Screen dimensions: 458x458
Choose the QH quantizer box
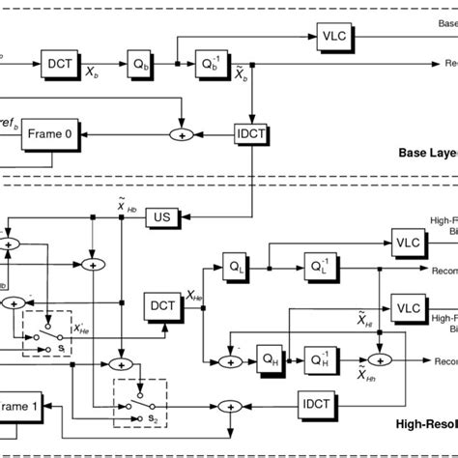(267, 360)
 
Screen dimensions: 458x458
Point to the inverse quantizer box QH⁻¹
(318, 360)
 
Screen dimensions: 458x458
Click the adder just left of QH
(228, 360)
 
